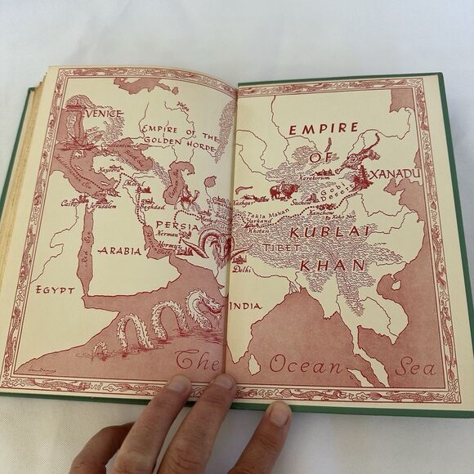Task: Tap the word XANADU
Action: [x=396, y=175]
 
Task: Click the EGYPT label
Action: [x=55, y=289]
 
